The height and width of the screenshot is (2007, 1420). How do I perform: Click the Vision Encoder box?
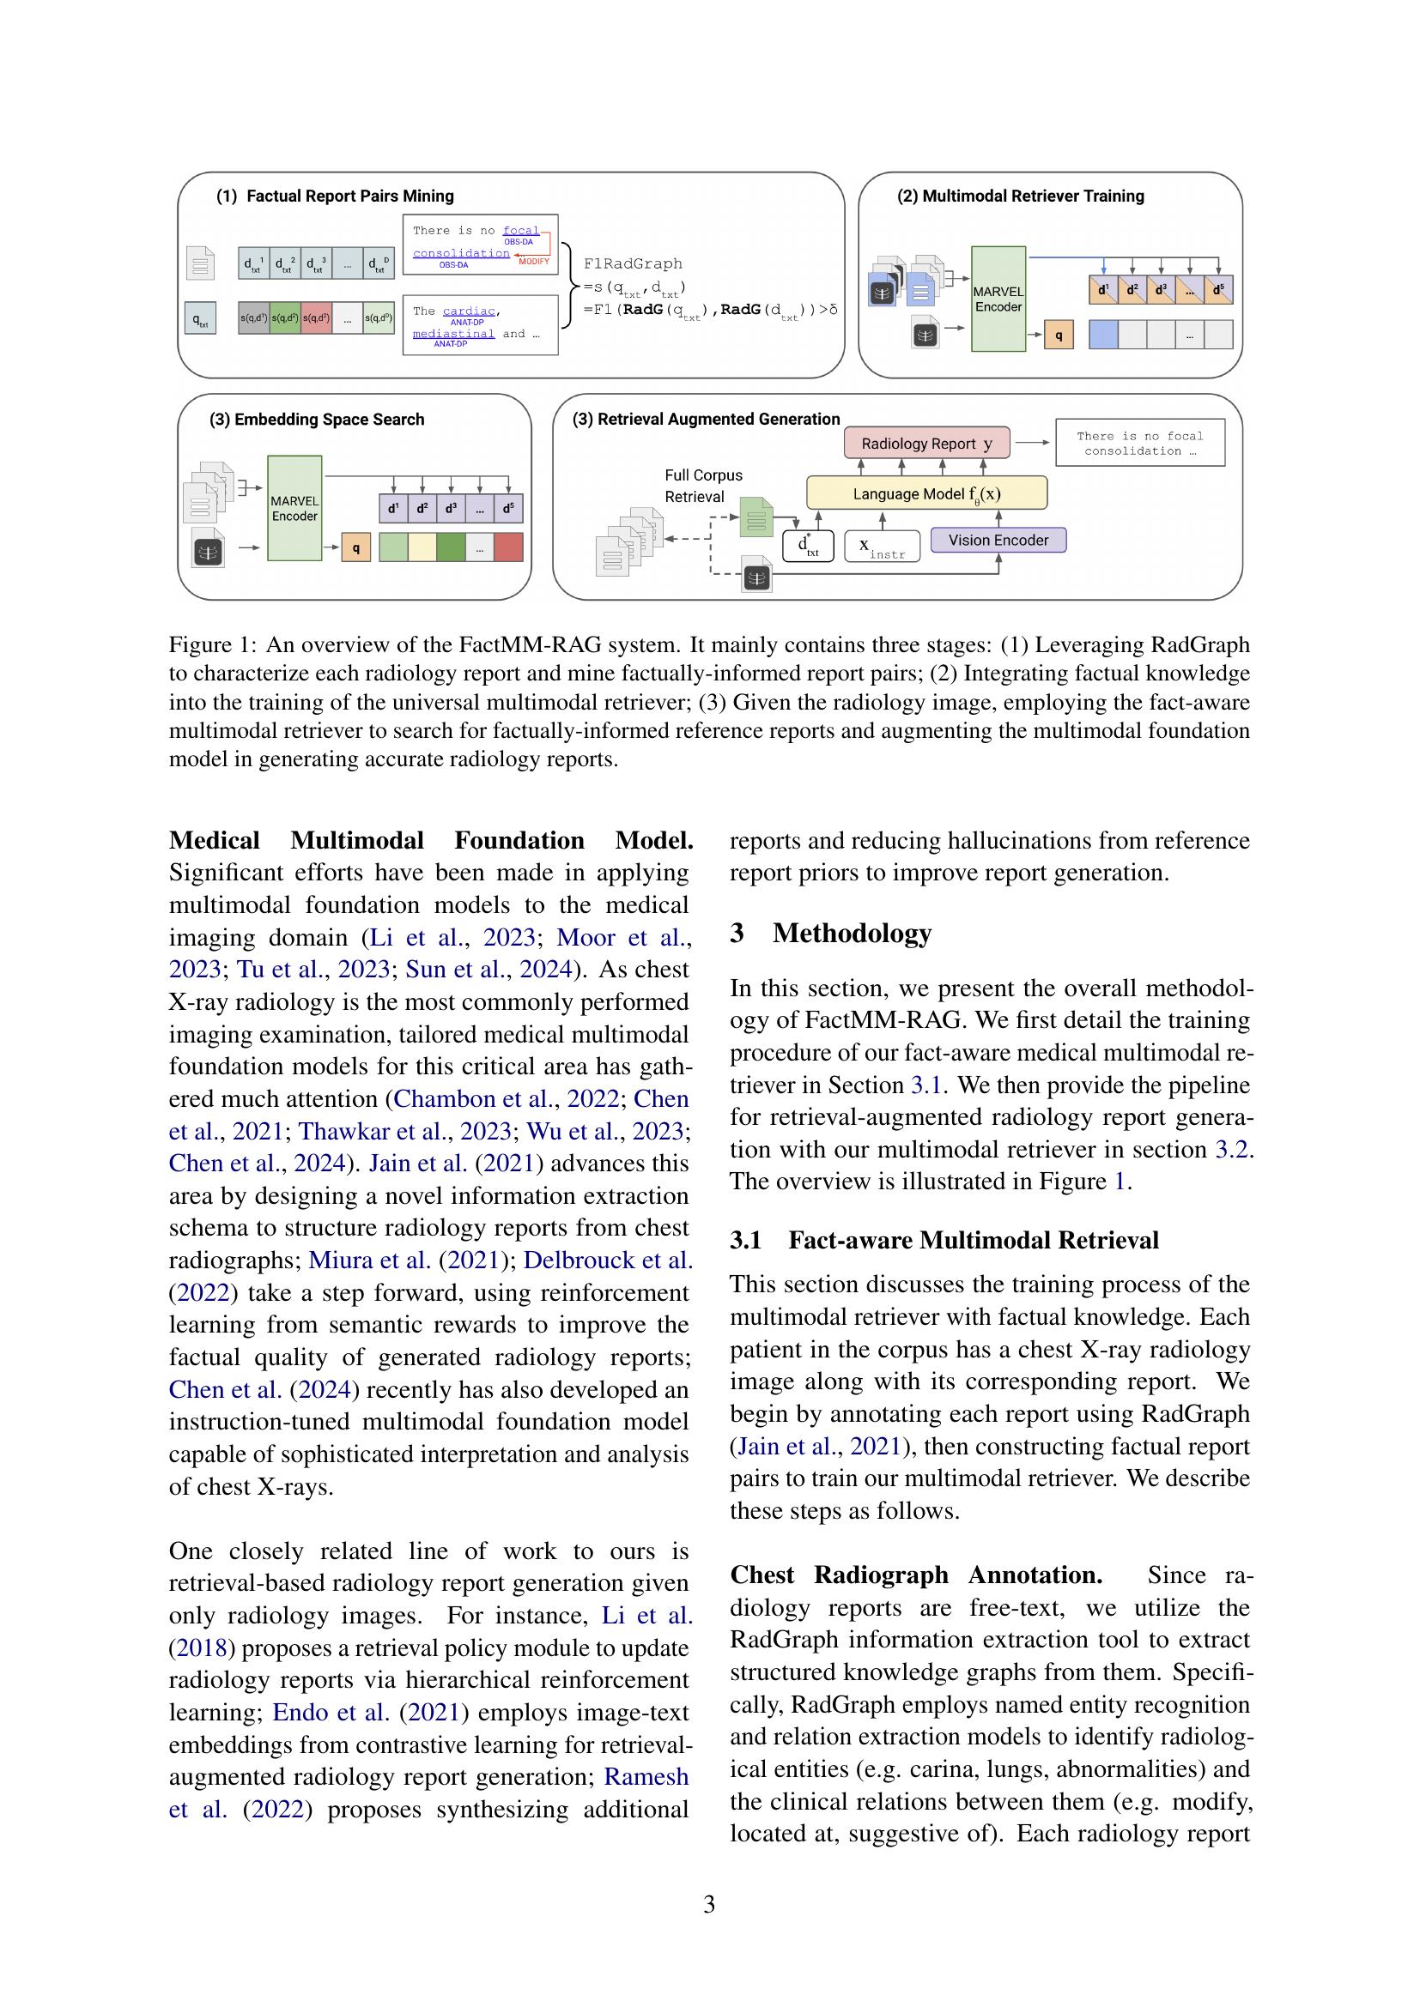point(998,541)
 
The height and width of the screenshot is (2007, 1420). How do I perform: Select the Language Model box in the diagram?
point(926,493)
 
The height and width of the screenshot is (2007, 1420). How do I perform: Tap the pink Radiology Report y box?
point(926,443)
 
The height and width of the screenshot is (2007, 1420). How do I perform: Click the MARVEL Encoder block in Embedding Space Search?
point(294,508)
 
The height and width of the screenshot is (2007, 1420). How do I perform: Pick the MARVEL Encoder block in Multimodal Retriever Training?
point(998,299)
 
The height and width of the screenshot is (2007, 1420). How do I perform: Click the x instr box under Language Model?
point(883,547)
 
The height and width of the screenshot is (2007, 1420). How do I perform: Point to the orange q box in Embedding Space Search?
point(356,548)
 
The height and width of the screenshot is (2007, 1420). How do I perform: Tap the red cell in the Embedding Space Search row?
point(508,548)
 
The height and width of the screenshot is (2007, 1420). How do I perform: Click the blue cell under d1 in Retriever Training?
point(1102,334)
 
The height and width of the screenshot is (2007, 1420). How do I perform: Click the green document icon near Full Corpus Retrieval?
point(756,517)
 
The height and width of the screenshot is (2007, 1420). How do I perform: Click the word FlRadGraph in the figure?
point(632,263)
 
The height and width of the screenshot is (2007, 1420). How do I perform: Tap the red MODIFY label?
point(534,262)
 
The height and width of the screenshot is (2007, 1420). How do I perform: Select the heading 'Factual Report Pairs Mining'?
point(349,196)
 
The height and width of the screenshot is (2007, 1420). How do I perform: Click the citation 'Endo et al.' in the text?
point(331,1712)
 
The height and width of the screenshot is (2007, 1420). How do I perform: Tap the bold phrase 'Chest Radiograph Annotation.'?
point(915,1575)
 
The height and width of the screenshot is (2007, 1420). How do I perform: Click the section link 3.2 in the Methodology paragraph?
point(1233,1149)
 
